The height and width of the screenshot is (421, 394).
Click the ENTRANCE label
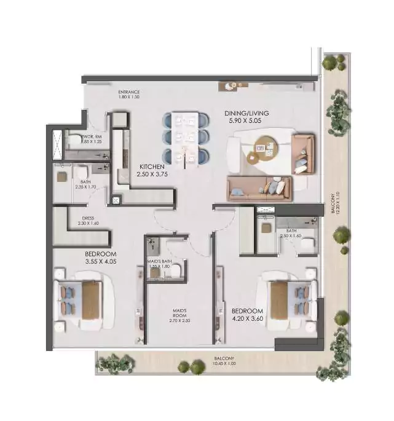click(129, 92)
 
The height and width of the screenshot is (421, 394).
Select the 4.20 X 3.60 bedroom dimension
click(247, 320)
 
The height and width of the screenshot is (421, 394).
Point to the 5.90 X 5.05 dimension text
click(246, 122)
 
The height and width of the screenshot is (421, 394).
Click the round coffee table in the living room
click(267, 148)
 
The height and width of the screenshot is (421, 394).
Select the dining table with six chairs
click(186, 136)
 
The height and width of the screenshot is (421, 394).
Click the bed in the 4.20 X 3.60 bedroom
click(288, 299)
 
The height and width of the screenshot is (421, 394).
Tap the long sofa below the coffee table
click(259, 188)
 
